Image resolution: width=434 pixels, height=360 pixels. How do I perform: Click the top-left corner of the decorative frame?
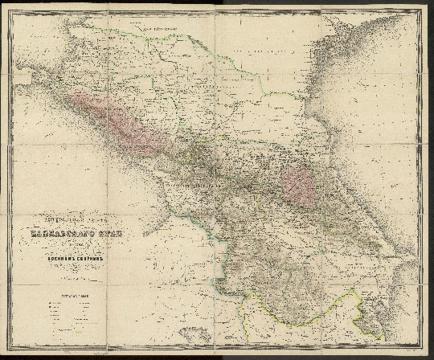pos(6,6)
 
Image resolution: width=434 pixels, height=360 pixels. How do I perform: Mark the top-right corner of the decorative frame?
pos(427,6)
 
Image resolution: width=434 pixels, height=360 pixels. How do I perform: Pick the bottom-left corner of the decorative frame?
pos(6,354)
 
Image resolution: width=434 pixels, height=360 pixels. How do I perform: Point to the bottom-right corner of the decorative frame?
pos(427,354)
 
